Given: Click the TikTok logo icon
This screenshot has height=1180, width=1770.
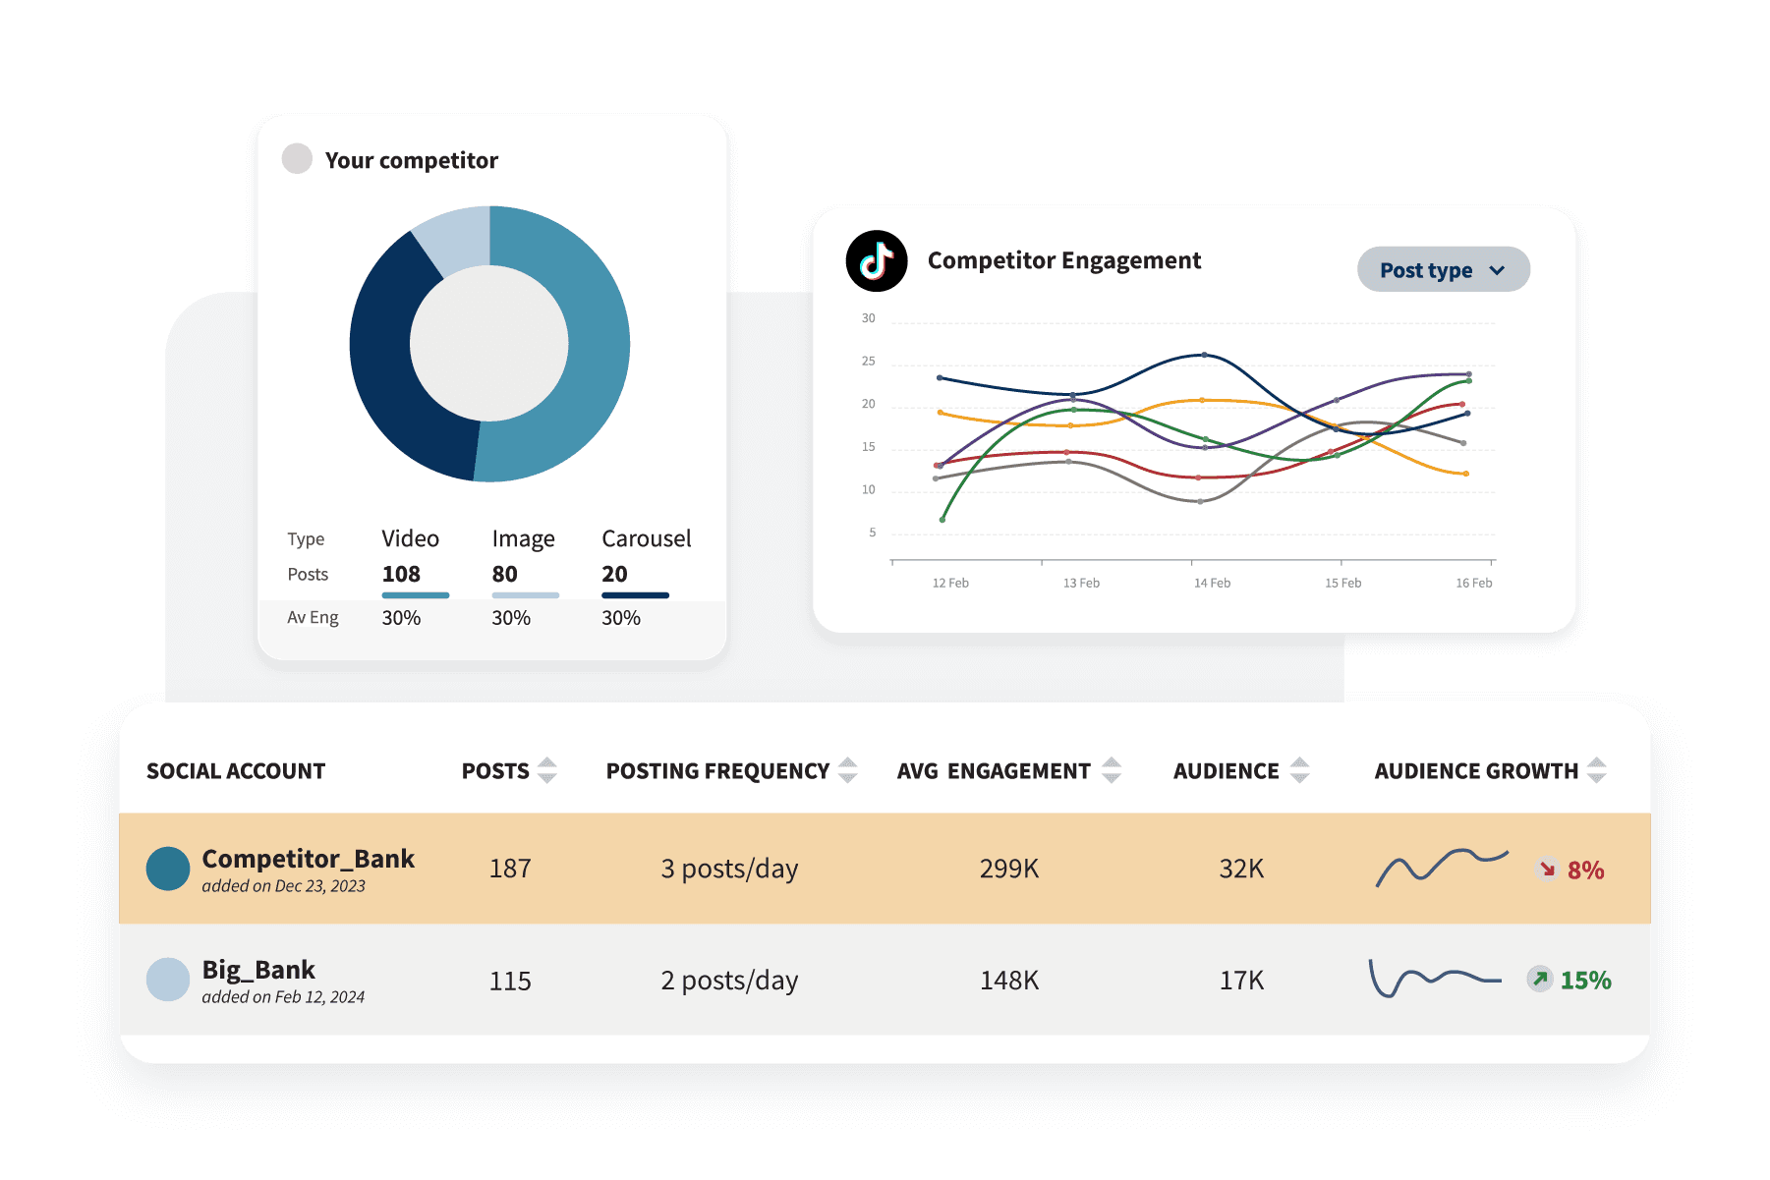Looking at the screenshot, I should pos(876,261).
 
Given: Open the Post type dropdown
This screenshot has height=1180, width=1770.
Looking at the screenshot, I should pos(1442,270).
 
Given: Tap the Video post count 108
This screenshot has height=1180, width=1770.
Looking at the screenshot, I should pos(401,574).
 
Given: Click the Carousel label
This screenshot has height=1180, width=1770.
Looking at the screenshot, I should pos(646,538).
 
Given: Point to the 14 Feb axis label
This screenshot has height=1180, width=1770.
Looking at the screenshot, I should pos(1211,583).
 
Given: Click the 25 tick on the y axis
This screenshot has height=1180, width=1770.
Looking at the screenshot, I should pos(868,362).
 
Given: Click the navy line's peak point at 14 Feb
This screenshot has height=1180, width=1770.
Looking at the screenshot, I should pos(1204,355).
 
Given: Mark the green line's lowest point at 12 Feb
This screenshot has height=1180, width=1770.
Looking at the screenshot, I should pos(942,519).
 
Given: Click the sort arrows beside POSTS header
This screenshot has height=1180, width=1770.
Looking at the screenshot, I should pos(547,770).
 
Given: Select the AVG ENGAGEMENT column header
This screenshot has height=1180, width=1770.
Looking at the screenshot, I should pos(993,771).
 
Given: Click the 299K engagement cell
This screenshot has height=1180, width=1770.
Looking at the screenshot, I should pos(1008,869).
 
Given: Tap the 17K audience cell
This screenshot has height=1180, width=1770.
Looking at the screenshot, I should pos(1240,981).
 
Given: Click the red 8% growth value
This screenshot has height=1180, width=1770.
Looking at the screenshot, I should pos(1584,871).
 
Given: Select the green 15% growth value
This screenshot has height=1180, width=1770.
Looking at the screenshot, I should pos(1584,981).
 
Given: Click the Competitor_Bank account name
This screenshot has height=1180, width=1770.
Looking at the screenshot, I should pos(308,859).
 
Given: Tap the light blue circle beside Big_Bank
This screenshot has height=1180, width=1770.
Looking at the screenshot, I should pos(168,980).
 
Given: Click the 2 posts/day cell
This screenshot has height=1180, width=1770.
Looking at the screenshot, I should pos(728,981).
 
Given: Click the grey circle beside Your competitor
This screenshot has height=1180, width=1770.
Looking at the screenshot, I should pos(297,159).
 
